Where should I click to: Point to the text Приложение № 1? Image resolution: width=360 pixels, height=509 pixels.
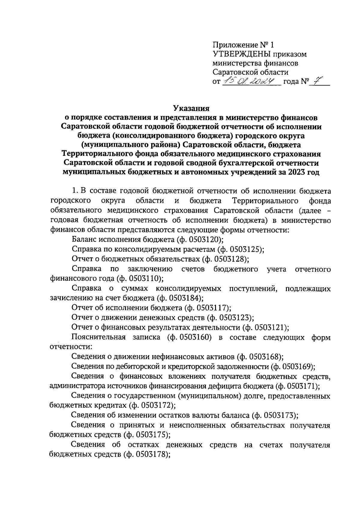tap(243, 45)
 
